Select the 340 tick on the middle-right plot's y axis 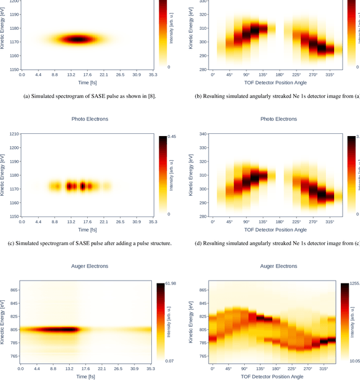click(198, 134)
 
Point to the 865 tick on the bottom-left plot click(14, 290)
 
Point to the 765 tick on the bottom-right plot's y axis click(198, 356)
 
